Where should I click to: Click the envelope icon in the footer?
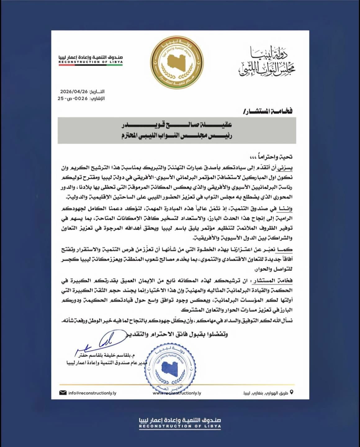pos(63,393)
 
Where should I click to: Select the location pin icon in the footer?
pos(291,392)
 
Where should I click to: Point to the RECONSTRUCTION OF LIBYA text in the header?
pos(90,62)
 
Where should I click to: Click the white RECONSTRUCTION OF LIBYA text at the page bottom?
pos(180,427)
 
